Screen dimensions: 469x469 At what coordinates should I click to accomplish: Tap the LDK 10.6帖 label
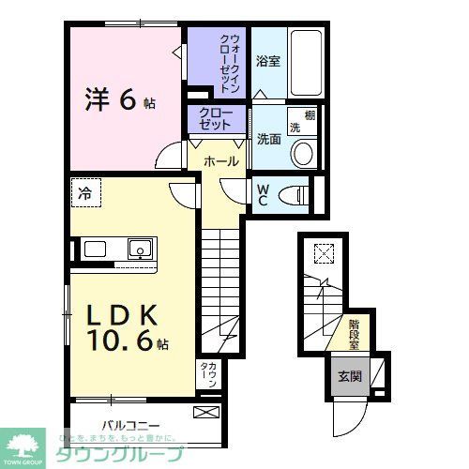[128, 329]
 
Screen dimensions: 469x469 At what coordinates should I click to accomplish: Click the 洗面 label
[268, 138]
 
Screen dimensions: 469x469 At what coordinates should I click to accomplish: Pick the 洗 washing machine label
[294, 127]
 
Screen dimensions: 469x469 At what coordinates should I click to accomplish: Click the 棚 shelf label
[309, 115]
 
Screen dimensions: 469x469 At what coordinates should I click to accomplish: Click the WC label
[264, 193]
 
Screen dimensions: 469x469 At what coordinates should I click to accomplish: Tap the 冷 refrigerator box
[85, 194]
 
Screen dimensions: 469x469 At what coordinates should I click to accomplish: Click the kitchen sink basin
[140, 250]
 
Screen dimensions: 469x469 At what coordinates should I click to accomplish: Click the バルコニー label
[131, 423]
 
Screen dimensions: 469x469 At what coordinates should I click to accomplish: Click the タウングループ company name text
[137, 453]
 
